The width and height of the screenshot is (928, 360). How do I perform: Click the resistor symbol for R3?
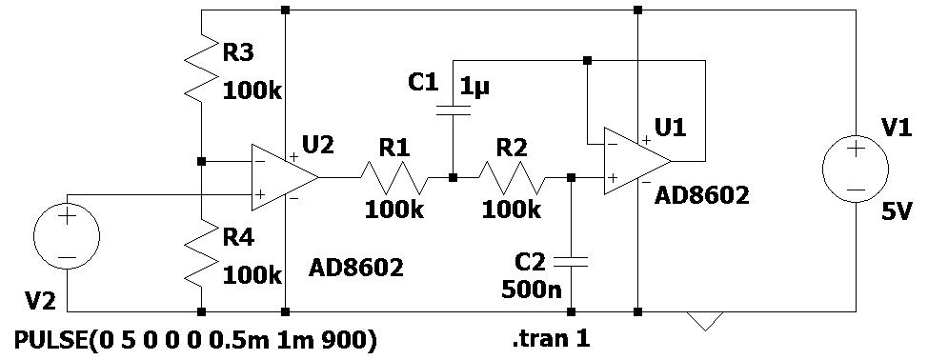point(202,70)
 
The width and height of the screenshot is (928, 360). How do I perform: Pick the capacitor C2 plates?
point(571,259)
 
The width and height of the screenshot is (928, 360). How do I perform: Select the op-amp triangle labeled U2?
point(284,177)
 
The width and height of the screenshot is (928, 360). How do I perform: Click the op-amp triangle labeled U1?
point(636,157)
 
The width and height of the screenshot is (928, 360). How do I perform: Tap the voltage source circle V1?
point(856,169)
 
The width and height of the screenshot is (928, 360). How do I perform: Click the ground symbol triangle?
point(706,320)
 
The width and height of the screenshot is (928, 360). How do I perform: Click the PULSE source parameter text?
point(195,340)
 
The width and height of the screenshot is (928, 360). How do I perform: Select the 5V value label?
point(897,214)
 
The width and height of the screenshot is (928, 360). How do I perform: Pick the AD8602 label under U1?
point(702,196)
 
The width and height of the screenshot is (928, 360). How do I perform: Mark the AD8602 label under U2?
point(356,268)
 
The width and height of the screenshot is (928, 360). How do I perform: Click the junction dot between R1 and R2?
point(453,177)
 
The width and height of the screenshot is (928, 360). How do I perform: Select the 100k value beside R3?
point(252,92)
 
